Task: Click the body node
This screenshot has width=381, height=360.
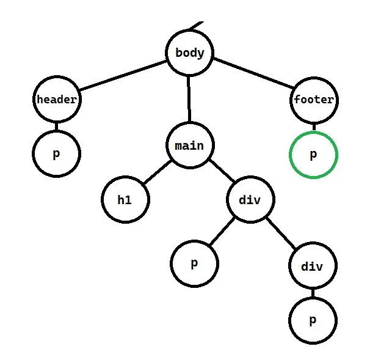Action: [189, 53]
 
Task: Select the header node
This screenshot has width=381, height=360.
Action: [57, 100]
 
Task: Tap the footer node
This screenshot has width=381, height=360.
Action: [313, 100]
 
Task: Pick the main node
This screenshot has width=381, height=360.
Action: [189, 145]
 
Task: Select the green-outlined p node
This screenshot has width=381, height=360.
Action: [313, 155]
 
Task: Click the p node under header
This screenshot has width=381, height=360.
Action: [57, 153]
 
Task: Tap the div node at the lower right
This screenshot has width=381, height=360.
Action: [312, 266]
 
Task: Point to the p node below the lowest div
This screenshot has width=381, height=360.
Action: [313, 320]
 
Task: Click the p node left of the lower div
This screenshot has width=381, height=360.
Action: [194, 263]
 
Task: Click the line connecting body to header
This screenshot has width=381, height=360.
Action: [122, 76]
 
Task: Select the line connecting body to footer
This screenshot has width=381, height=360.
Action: [252, 76]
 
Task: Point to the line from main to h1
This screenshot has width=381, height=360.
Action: [156, 173]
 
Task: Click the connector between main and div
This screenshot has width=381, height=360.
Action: [220, 173]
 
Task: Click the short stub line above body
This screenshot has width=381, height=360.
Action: [197, 26]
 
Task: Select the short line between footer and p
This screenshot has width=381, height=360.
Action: [313, 127]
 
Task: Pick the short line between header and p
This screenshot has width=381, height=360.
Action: [57, 127]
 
